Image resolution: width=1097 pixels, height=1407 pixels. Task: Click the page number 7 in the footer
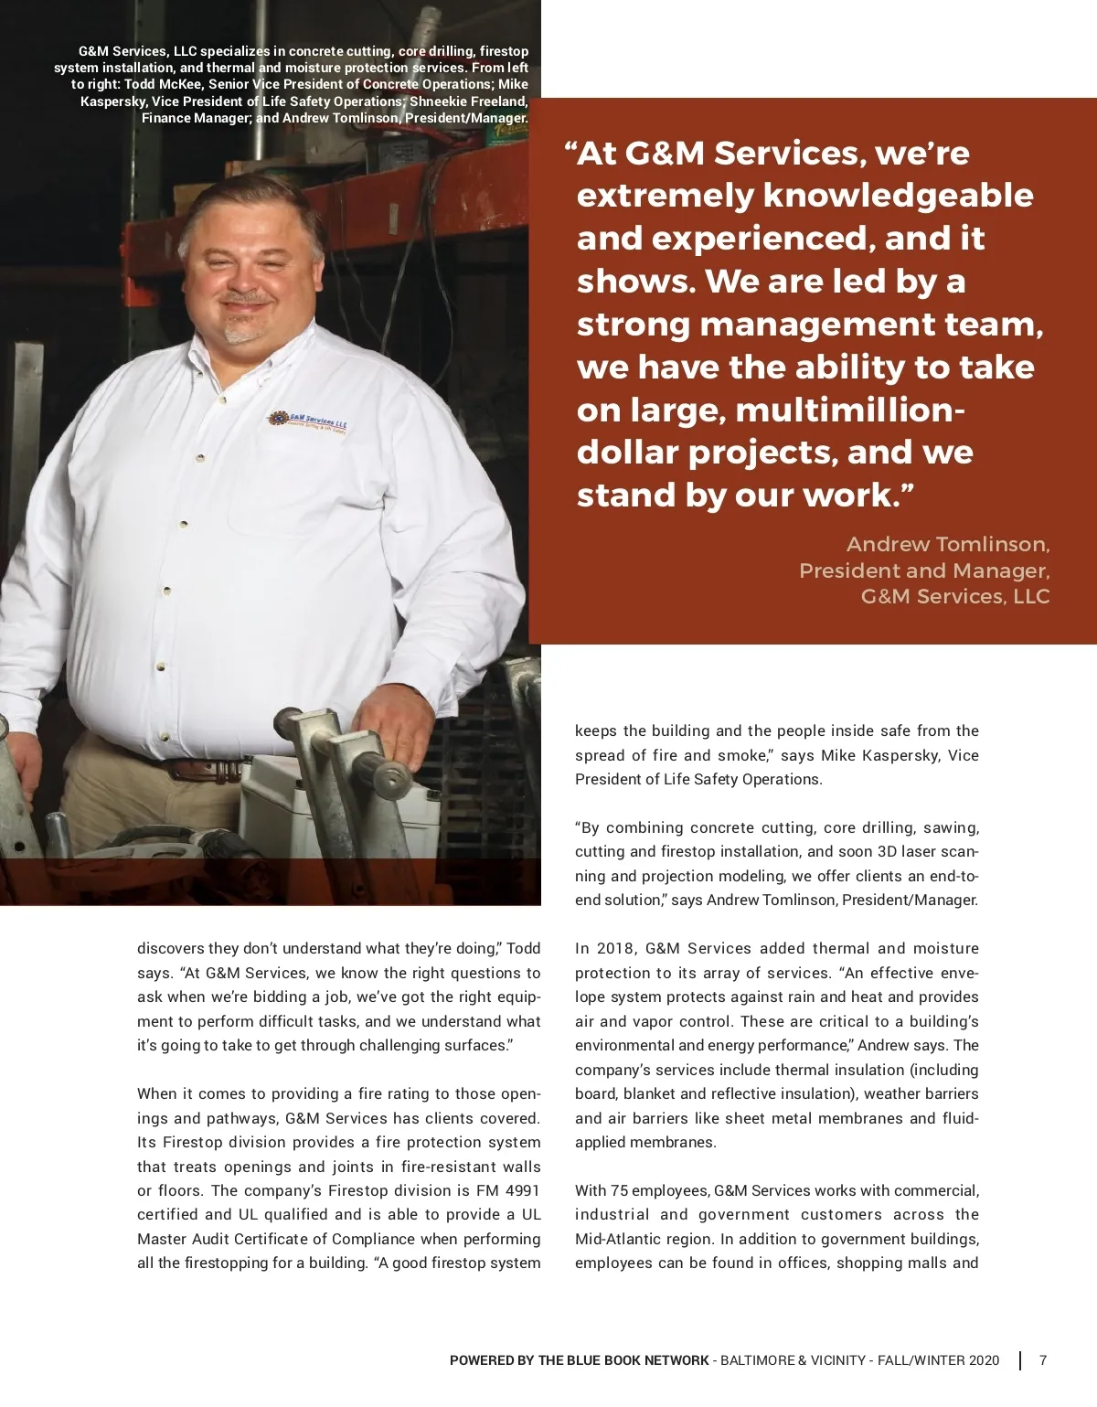[x=1043, y=1360]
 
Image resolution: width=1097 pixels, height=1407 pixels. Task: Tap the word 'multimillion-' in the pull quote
[x=849, y=410]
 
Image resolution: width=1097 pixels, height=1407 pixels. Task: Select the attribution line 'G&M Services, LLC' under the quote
[x=954, y=597]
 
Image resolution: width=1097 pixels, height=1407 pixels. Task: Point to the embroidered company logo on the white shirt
[x=308, y=422]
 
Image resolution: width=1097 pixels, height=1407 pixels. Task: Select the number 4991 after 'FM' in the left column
[x=522, y=1190]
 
